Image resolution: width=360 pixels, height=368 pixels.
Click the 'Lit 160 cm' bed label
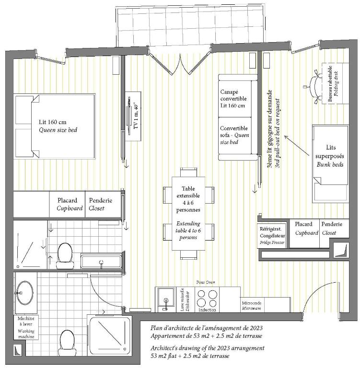click(53, 122)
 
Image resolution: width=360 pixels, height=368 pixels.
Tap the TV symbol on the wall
click(129, 116)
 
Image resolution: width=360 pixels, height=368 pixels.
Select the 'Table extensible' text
click(188, 192)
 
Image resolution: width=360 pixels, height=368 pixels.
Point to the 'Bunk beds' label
click(330, 164)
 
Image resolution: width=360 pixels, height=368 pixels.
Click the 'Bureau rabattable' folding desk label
click(330, 84)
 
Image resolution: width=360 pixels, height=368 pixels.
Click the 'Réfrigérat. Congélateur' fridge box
click(272, 235)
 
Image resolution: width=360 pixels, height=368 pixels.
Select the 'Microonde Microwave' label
click(252, 306)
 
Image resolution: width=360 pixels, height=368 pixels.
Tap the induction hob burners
click(207, 299)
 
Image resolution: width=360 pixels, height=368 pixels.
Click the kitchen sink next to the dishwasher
click(166, 299)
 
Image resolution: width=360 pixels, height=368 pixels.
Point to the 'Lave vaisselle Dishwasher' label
click(186, 299)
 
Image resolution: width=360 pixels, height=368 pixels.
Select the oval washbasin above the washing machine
click(24, 293)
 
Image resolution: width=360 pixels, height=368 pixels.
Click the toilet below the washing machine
click(67, 343)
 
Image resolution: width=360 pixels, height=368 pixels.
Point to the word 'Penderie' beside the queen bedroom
click(101, 200)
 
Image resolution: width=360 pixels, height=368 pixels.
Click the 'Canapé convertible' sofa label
click(233, 95)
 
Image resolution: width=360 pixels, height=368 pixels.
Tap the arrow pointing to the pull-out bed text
click(297, 145)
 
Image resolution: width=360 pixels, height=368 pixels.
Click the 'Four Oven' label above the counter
click(206, 282)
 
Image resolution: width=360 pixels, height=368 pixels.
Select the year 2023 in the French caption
click(256, 328)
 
